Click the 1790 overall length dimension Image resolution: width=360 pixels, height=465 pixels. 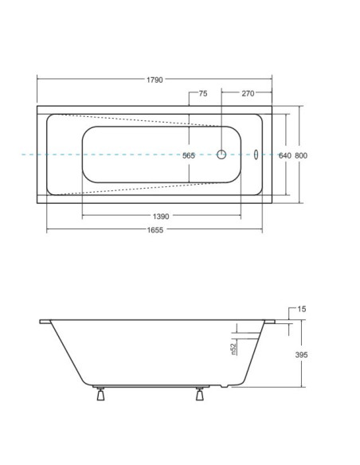(x=155, y=80)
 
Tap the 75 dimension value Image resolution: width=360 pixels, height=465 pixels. (x=203, y=94)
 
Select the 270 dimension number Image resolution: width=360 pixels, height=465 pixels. (x=248, y=94)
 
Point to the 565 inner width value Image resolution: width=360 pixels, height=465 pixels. (x=189, y=156)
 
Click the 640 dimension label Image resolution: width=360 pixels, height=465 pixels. (x=284, y=156)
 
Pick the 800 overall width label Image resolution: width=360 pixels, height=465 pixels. (x=301, y=156)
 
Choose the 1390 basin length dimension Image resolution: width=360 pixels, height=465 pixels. (x=161, y=217)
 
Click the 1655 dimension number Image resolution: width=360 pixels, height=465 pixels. (x=155, y=230)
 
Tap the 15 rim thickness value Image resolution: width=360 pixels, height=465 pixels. (x=301, y=309)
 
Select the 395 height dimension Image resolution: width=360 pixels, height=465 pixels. (x=301, y=354)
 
